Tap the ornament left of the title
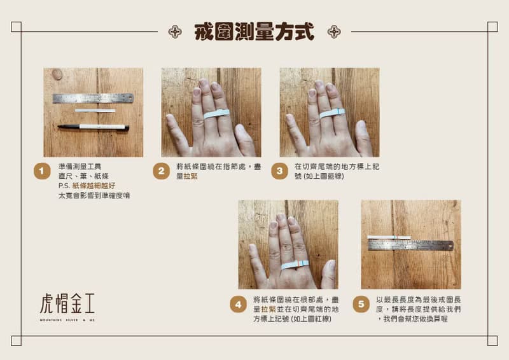pyautogui.click(x=175, y=32)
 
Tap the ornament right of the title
pyautogui.click(x=333, y=32)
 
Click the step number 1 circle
pyautogui.click(x=42, y=171)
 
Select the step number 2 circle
pyautogui.click(x=161, y=171)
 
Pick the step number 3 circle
pyautogui.click(x=279, y=171)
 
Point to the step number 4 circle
pyautogui.click(x=238, y=304)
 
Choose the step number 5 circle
pyautogui.click(x=361, y=304)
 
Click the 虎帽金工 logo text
pyautogui.click(x=67, y=303)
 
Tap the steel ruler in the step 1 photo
pyautogui.click(x=93, y=99)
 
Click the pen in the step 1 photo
pyautogui.click(x=93, y=127)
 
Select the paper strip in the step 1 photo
pyautogui.click(x=95, y=111)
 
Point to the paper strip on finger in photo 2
pyautogui.click(x=216, y=114)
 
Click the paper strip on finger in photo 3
pyautogui.click(x=332, y=113)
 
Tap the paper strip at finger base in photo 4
pyautogui.click(x=294, y=264)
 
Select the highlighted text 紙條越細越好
pyautogui.click(x=94, y=186)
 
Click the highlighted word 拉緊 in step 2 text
pyautogui.click(x=190, y=176)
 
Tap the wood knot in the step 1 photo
pyautogui.click(x=57, y=74)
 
